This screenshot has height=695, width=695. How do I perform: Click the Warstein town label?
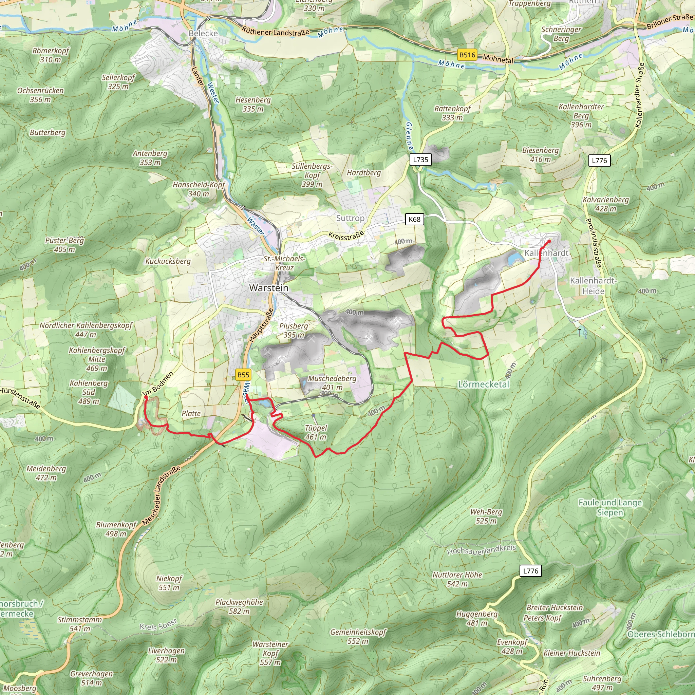[269, 288]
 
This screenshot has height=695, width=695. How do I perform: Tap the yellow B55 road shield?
[243, 375]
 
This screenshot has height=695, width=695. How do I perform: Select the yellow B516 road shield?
[467, 55]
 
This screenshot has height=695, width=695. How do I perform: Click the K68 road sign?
[414, 219]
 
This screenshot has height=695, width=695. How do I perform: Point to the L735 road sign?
[420, 159]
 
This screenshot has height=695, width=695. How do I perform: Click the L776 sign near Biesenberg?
[599, 161]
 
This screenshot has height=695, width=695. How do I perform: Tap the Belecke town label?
[203, 34]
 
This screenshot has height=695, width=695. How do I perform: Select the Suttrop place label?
[350, 218]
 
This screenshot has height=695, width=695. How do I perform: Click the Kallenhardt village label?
[546, 253]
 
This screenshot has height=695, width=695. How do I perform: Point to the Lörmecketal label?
[484, 384]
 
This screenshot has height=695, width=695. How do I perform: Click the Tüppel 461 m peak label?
[316, 432]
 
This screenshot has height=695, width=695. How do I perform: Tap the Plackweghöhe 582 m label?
[239, 606]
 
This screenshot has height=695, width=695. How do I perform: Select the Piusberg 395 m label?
[293, 330]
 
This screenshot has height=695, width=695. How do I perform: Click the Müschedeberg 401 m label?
[332, 383]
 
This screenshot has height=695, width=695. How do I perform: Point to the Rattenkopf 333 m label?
[452, 113]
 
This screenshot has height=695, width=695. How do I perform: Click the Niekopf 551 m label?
[169, 583]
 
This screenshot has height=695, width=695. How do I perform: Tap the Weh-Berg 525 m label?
[486, 516]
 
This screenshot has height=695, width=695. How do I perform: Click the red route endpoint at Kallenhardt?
[549, 241]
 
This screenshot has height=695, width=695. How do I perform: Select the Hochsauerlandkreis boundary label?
[481, 550]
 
